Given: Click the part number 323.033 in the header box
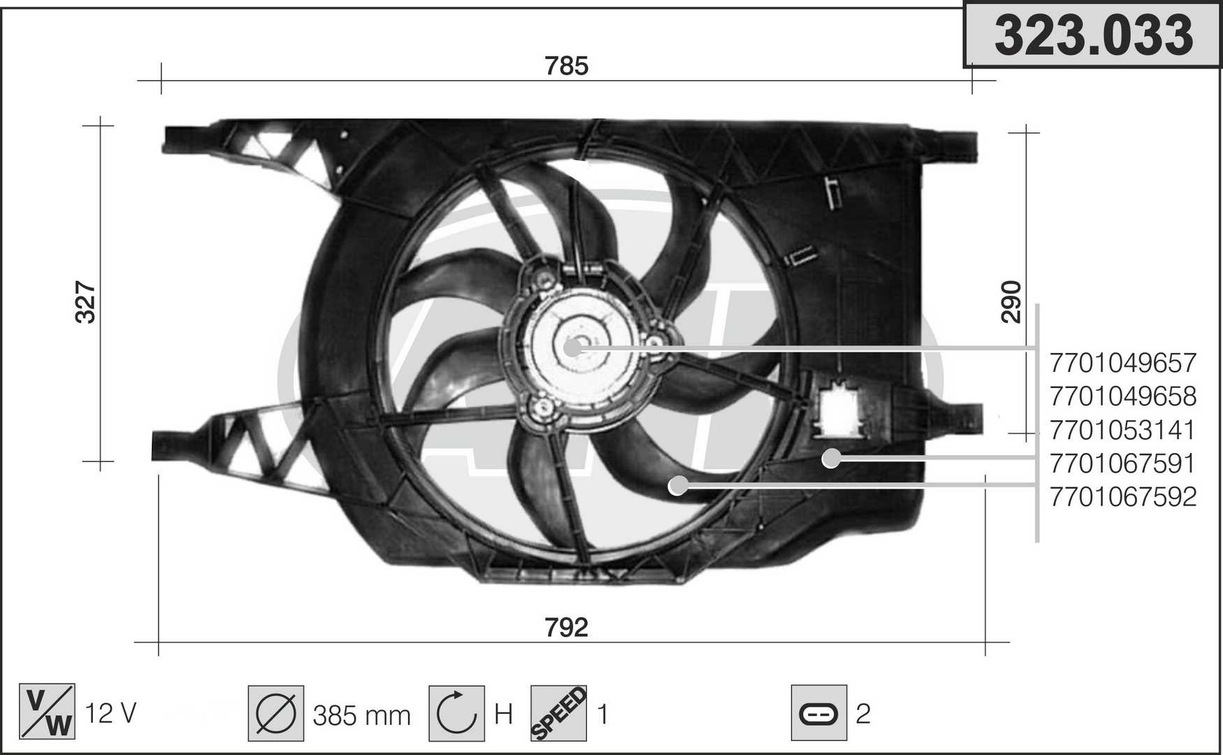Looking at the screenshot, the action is [x=1093, y=36].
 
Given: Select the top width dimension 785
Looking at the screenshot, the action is [x=567, y=66].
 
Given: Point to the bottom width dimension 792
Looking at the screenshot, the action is [x=567, y=627].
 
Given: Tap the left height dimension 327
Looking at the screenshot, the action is [x=85, y=302].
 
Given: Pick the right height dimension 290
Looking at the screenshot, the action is [x=1011, y=302].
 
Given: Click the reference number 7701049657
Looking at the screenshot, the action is [x=1123, y=363].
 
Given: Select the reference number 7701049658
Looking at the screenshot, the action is [x=1123, y=396].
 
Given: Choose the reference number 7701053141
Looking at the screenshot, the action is [x=1123, y=430].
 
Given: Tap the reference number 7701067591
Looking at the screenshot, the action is [x=1123, y=463].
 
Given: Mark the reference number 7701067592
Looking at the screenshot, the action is [x=1123, y=497].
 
